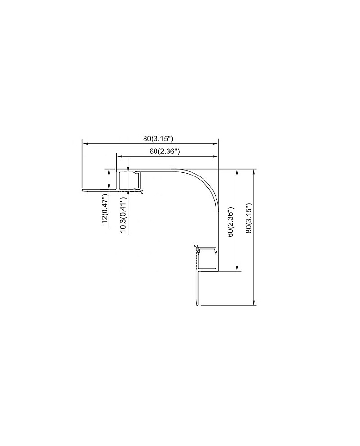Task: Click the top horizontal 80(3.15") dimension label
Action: coord(158,139)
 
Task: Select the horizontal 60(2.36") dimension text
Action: coord(165,151)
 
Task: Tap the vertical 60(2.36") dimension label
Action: coord(230,222)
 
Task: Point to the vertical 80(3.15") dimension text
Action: coord(249,218)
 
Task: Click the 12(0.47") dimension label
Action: coord(105,208)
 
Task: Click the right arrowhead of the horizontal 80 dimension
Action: coord(216,144)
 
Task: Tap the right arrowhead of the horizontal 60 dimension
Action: coord(216,156)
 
